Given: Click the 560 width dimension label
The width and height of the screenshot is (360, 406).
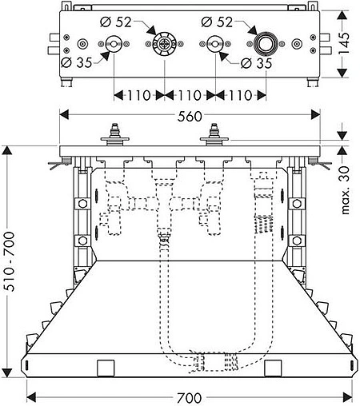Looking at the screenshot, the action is [190, 116].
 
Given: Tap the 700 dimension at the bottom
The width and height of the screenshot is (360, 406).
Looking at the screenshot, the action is [189, 398].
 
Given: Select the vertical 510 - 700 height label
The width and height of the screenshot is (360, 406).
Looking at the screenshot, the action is [10, 261].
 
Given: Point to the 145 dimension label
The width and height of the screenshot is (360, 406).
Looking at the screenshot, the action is [344, 43].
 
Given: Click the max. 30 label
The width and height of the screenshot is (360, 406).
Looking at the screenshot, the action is [346, 190].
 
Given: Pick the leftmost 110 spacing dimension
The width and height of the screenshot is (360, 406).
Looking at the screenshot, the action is [138, 95].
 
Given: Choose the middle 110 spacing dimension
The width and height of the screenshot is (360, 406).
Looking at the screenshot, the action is [190, 95].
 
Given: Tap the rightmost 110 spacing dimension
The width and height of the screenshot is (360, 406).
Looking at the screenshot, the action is [240, 95].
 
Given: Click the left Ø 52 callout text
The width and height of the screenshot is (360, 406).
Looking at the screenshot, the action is [116, 22].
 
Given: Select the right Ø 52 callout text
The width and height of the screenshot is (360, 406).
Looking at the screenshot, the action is [217, 22].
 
